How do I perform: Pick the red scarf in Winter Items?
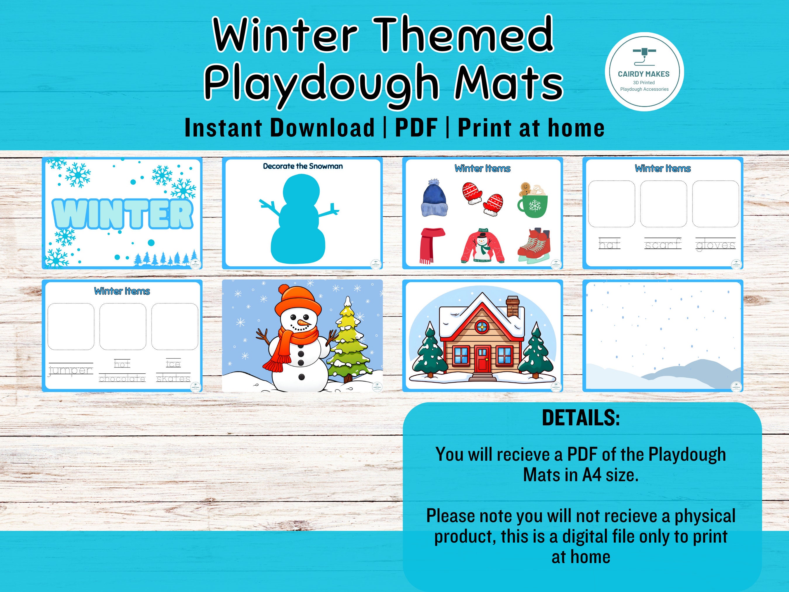430,244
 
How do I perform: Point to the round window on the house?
482,326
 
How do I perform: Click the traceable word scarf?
663,244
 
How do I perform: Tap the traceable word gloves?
715,245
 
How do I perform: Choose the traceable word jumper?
71,370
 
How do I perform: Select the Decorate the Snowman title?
302,166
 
